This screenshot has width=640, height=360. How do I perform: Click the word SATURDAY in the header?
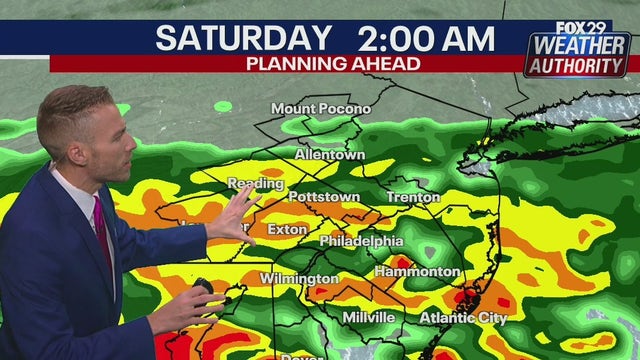(243, 39)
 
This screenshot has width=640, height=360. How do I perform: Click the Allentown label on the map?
(330, 155)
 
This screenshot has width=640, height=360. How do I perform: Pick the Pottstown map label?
(324, 197)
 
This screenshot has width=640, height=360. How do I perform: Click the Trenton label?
(412, 197)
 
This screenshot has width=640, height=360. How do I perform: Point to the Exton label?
(286, 229)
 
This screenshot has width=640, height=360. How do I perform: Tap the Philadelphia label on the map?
(361, 241)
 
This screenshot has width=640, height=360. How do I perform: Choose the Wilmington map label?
(299, 278)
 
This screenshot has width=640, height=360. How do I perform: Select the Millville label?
(368, 317)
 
